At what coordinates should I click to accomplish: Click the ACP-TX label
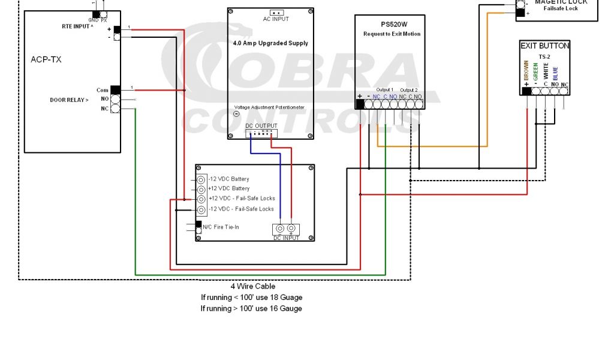(x=46, y=59)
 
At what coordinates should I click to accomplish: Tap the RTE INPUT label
(x=77, y=26)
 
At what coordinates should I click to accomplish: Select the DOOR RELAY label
(x=69, y=100)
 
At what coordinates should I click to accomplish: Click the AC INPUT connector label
(x=276, y=19)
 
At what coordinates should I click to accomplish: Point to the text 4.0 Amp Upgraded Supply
(x=270, y=43)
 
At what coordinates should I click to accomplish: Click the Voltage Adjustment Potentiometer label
(x=269, y=107)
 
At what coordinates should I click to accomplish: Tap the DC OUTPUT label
(x=261, y=125)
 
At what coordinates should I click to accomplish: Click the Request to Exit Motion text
(x=392, y=34)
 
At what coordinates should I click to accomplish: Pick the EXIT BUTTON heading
(x=544, y=46)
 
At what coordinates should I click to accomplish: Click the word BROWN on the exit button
(x=526, y=71)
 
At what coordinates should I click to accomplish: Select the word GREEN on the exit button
(x=535, y=71)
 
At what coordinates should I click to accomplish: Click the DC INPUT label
(x=286, y=238)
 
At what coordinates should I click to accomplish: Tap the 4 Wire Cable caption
(x=253, y=286)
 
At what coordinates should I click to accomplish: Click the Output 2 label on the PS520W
(x=410, y=90)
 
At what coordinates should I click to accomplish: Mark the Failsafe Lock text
(x=561, y=8)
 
